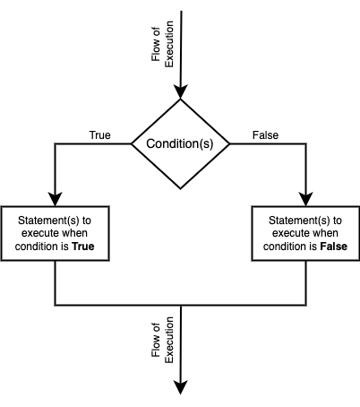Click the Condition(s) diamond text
[x=180, y=143]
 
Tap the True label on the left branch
[x=99, y=135]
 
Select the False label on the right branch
[x=265, y=135]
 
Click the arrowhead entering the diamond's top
[x=180, y=91]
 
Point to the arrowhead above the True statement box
[x=55, y=199]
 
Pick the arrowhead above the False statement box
[x=306, y=199]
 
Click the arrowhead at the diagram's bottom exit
[x=181, y=387]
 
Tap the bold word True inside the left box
[x=83, y=247]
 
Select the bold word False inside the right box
[x=334, y=247]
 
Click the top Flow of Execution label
[x=162, y=44]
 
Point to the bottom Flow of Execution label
[x=162, y=340]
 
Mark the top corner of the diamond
[x=180, y=100]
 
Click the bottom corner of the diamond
[x=180, y=189]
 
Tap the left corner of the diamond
[x=132, y=144]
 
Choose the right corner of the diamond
[x=229, y=144]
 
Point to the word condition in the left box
[x=35, y=247]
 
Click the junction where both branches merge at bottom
[x=181, y=305]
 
